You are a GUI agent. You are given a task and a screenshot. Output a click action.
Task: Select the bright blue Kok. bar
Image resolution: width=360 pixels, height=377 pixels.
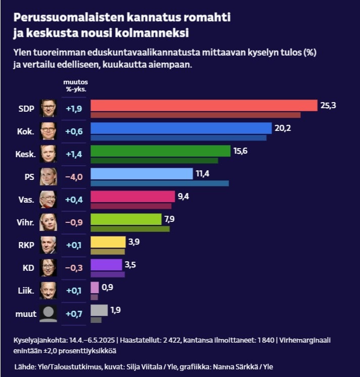(181, 128)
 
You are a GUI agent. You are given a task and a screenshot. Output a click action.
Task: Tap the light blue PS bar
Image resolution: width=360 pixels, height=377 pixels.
(141, 173)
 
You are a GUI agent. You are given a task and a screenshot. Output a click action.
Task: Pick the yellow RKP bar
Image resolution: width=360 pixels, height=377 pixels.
(108, 242)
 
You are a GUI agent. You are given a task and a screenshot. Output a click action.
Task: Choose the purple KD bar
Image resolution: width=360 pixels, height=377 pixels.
(106, 264)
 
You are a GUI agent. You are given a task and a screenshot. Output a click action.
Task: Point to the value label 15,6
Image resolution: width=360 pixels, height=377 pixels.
(241, 151)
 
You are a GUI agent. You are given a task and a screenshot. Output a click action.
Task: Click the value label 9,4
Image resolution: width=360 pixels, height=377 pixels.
(183, 196)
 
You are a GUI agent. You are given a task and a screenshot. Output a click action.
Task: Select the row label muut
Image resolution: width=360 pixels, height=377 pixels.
(26, 314)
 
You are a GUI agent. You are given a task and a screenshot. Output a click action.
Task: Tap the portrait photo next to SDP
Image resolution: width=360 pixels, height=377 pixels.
(48, 108)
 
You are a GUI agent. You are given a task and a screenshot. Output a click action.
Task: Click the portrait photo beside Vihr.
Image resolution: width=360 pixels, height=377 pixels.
(48, 221)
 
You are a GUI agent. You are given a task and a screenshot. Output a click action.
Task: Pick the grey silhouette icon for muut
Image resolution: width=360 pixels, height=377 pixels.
(48, 313)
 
